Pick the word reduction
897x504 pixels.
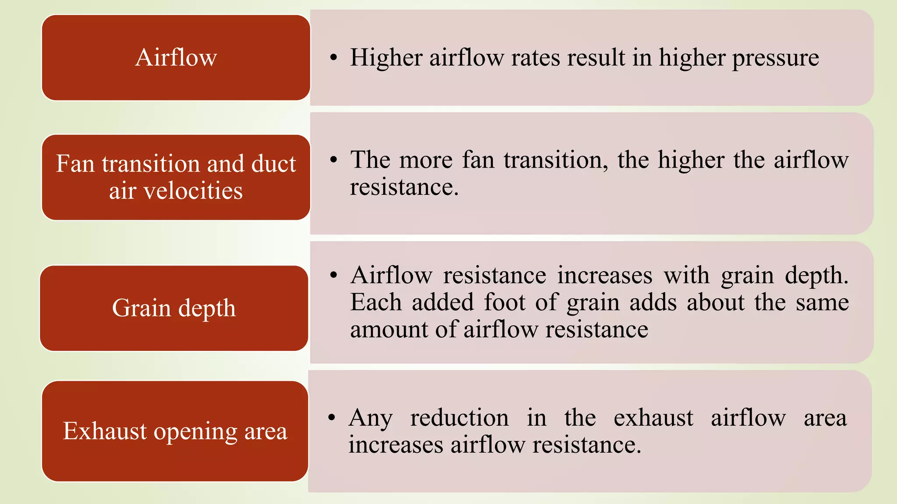click(459, 418)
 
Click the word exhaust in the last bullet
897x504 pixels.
click(653, 418)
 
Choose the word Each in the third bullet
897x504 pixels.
click(376, 302)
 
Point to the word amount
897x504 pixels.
click(388, 329)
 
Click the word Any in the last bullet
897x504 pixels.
click(370, 418)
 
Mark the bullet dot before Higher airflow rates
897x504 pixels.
click(334, 58)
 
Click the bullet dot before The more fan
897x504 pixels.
click(334, 160)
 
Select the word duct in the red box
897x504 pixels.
click(274, 164)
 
